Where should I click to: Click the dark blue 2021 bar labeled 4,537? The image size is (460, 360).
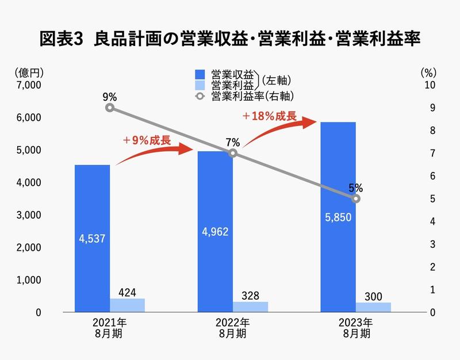point(92,239)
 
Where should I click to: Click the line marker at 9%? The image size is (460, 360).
point(110,108)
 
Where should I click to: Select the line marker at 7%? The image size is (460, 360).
point(233,153)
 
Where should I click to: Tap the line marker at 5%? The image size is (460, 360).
point(355,198)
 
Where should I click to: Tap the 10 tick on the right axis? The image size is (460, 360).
point(429,85)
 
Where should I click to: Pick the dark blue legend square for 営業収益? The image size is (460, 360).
point(200,75)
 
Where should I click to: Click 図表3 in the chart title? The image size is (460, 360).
point(63,39)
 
